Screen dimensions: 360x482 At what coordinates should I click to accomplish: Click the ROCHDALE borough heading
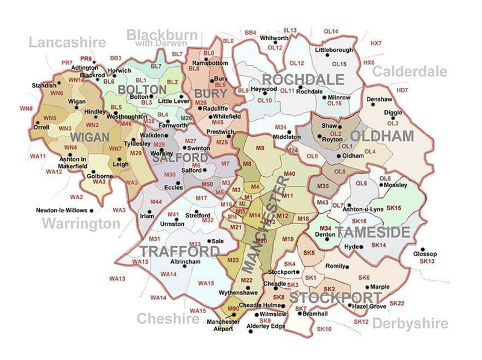[303, 80]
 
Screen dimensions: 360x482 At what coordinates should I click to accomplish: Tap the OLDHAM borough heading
[381, 136]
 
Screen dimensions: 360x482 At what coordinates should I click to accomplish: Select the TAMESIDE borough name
[373, 232]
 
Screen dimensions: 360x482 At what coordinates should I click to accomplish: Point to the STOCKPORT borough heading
[335, 298]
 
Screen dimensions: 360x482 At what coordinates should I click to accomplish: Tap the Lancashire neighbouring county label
[67, 42]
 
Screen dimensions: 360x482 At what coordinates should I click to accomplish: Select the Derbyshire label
[410, 324]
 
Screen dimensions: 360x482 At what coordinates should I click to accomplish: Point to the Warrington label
[81, 224]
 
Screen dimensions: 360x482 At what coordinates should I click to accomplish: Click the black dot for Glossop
[424, 249]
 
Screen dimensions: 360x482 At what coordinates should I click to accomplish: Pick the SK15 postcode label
[394, 207]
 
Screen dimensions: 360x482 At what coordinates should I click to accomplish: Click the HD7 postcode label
[402, 90]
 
